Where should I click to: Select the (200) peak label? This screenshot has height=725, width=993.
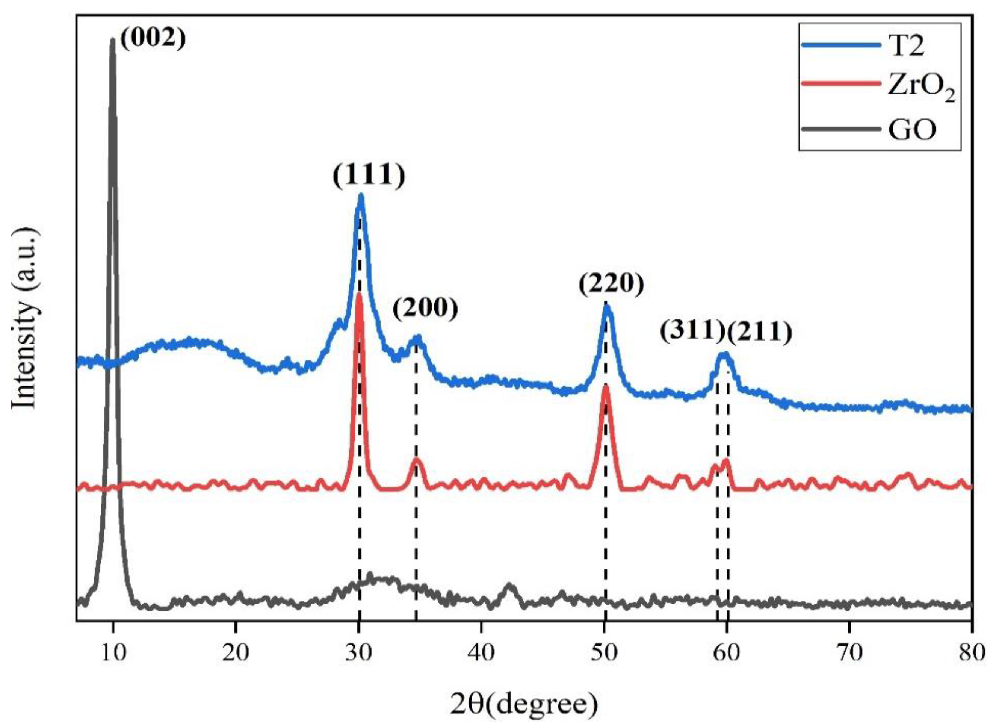[x=425, y=310]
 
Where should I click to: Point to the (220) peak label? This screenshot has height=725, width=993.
[x=611, y=285]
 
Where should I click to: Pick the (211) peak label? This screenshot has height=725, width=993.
[x=760, y=333]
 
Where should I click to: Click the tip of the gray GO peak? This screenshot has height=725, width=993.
[x=113, y=40]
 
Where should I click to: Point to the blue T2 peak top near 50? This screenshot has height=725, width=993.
[x=607, y=306]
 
